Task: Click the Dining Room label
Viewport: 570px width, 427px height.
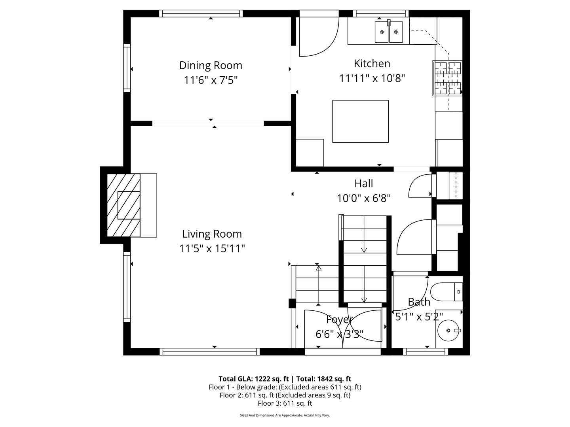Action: [211, 65]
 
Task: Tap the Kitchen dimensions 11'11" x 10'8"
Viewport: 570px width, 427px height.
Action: [372, 78]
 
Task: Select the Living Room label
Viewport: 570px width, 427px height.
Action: [212, 234]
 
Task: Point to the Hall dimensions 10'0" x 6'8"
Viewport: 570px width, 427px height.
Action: [364, 198]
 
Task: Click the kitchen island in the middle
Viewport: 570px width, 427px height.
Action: [360, 121]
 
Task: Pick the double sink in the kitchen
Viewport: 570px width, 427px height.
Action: [389, 32]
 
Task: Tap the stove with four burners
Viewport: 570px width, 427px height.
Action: [448, 78]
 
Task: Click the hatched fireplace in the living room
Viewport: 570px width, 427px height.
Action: [123, 205]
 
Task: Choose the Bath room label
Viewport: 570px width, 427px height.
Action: [419, 302]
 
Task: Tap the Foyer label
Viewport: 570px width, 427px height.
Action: [339, 319]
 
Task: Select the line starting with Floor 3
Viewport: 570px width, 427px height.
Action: [285, 403]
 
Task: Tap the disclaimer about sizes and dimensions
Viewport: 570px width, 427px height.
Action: [285, 415]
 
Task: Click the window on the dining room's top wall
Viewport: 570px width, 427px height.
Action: [201, 13]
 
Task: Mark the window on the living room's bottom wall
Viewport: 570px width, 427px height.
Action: [210, 351]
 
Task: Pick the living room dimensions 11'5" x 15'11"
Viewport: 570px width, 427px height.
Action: [212, 249]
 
